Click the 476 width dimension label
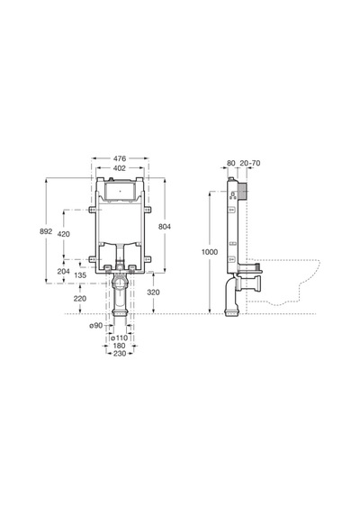point(120,158)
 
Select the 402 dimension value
point(120,168)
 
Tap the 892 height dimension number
point(46,231)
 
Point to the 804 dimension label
point(165,227)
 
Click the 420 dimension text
point(64,234)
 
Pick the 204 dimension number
point(64,271)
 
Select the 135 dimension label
point(80,275)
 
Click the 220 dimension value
point(80,299)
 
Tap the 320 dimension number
point(153,292)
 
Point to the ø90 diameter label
point(96,326)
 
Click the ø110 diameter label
point(119,337)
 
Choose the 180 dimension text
point(119,346)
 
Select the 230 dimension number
point(120,354)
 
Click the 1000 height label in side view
point(210,252)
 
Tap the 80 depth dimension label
point(231,163)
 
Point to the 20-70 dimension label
point(250,163)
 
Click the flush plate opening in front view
point(120,191)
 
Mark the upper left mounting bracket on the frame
point(92,210)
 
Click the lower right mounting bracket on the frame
point(148,259)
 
